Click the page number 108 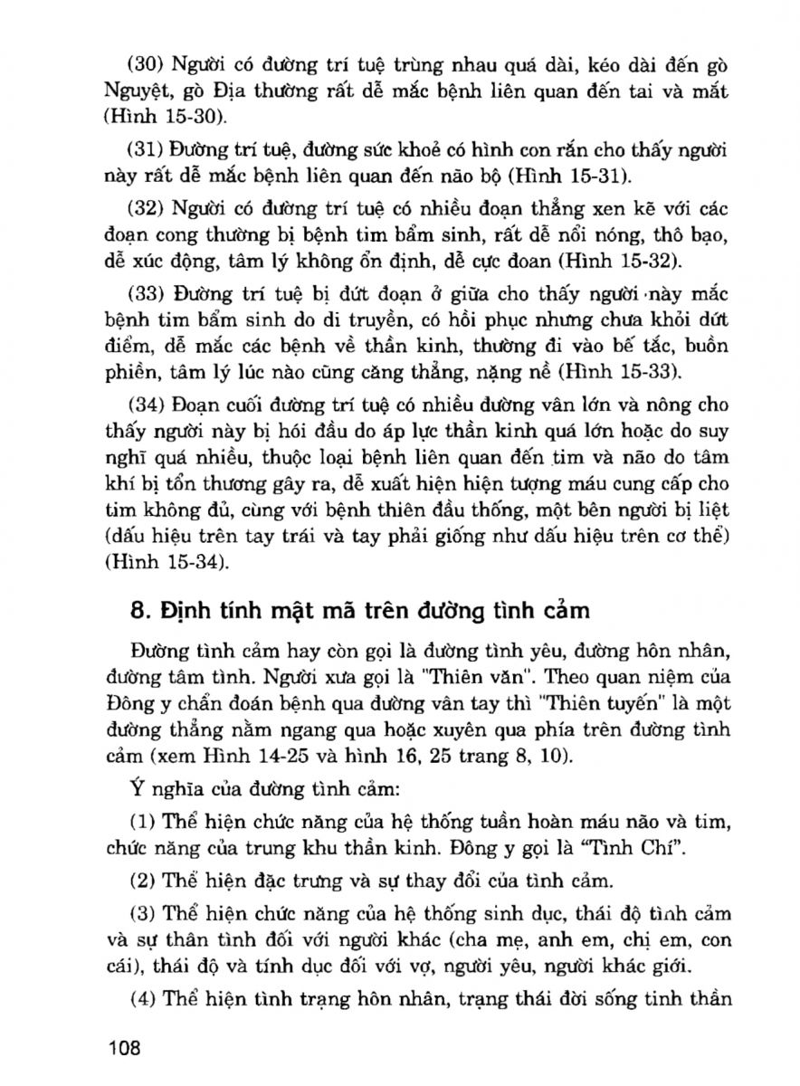(124, 1049)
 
